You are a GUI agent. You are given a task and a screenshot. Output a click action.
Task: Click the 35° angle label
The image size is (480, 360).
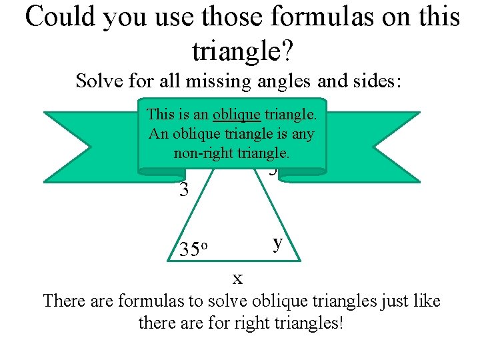pyautogui.click(x=195, y=249)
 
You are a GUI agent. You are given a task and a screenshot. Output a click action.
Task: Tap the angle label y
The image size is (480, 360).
pyautogui.click(x=278, y=242)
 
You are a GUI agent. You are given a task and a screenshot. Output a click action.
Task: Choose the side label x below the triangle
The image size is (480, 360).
pyautogui.click(x=237, y=276)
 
